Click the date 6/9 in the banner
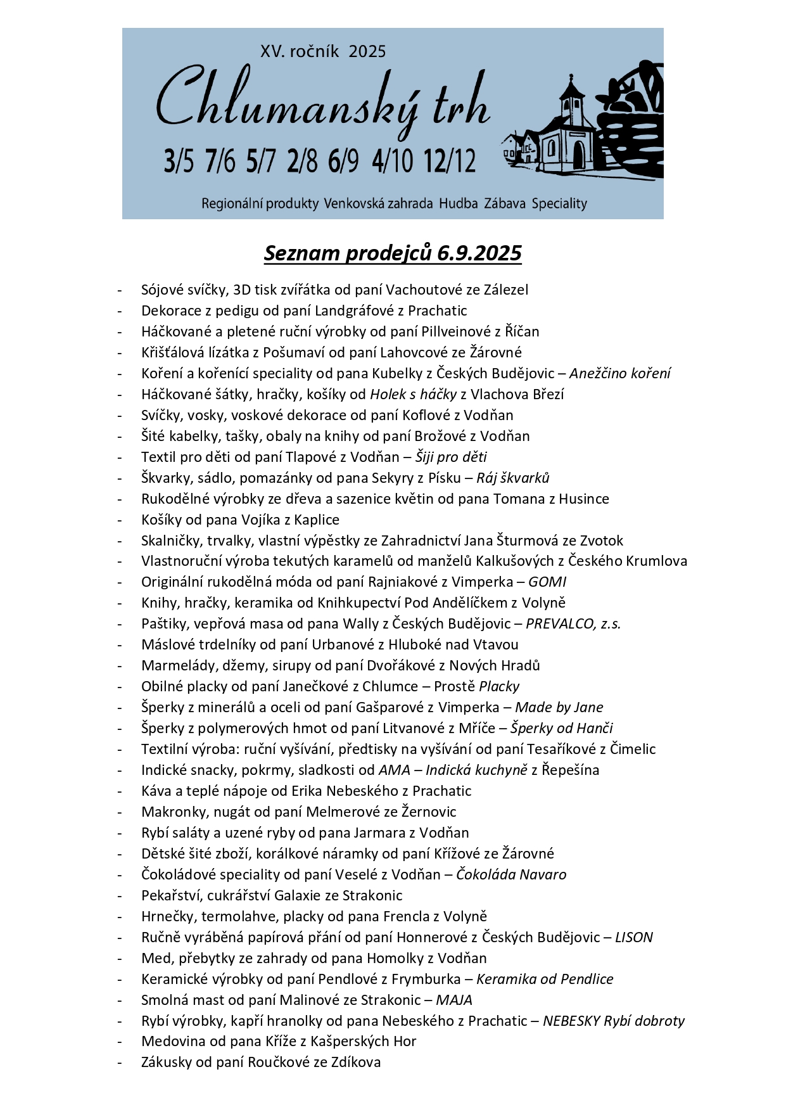click(343, 161)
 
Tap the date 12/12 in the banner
click(450, 161)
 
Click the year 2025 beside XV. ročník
click(367, 52)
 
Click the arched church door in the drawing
click(579, 155)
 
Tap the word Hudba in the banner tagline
click(459, 204)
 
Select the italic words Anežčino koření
click(620, 373)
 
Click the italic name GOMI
click(547, 582)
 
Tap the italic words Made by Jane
click(559, 707)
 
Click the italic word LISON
click(634, 937)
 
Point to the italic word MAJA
click(454, 1000)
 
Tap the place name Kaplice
click(317, 520)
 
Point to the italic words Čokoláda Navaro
click(511, 874)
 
